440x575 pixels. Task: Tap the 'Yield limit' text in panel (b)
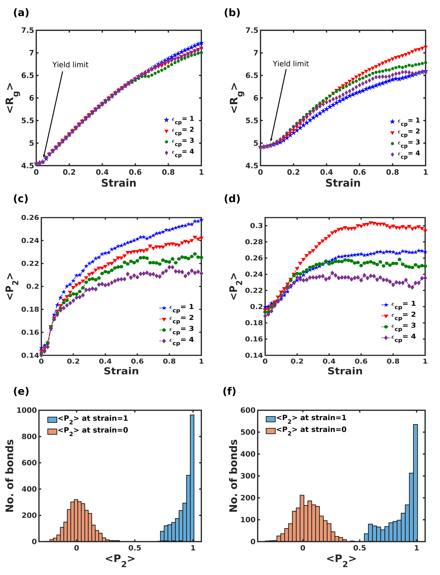[x=291, y=64]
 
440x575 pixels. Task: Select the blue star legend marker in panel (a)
[x=166, y=120]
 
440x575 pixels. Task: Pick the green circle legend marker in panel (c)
[x=164, y=330]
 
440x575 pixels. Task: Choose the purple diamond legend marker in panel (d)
[x=386, y=338]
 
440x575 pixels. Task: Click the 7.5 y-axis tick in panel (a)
[x=28, y=31]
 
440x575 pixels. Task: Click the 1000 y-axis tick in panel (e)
[x=27, y=410]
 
